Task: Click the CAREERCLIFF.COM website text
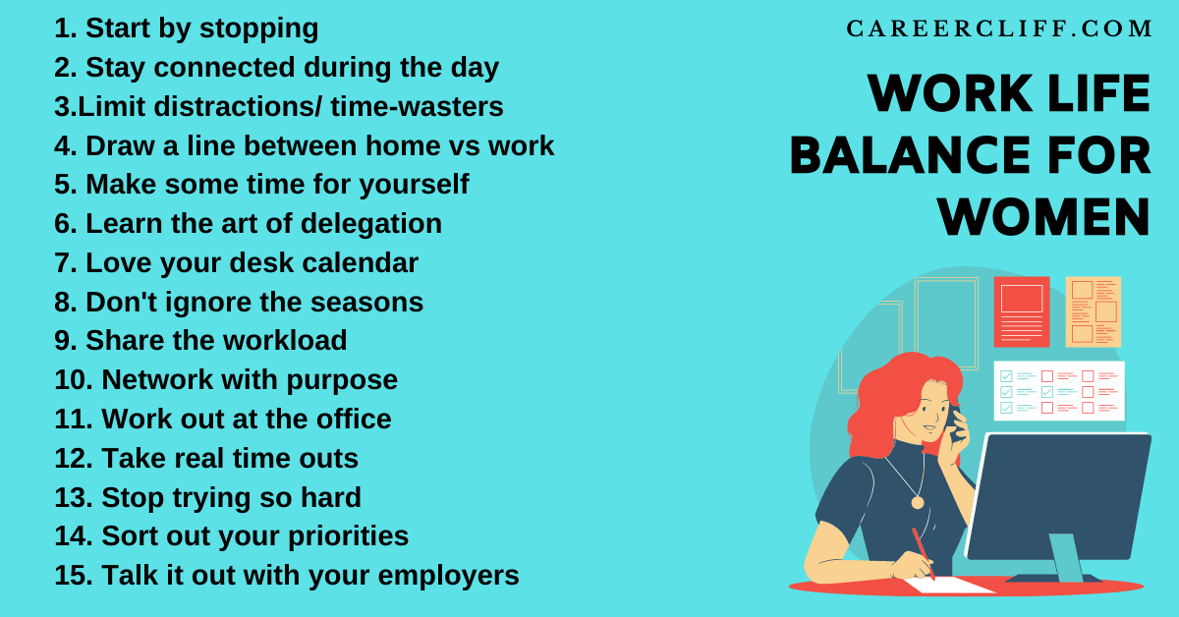click(x=999, y=29)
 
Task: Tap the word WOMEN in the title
click(x=1043, y=217)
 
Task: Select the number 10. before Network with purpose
click(x=74, y=380)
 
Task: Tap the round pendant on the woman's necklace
click(x=918, y=502)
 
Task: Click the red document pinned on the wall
click(x=1021, y=311)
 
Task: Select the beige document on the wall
click(x=1093, y=311)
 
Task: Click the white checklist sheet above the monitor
click(x=1058, y=390)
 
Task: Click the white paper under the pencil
click(x=948, y=584)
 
